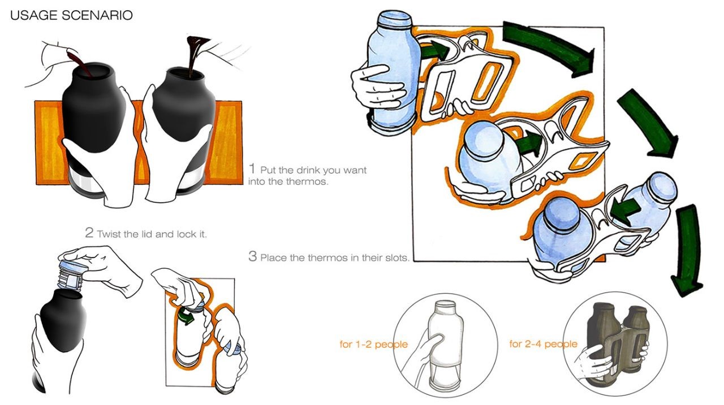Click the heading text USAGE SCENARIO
pos(71,15)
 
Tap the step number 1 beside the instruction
pos(253,169)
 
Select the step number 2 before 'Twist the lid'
pos(89,233)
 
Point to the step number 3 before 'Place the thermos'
pos(253,256)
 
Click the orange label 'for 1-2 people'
pos(373,344)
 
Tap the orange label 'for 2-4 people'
pos(543,344)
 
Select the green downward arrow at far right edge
pos(687,249)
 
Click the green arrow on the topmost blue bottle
pos(433,50)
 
